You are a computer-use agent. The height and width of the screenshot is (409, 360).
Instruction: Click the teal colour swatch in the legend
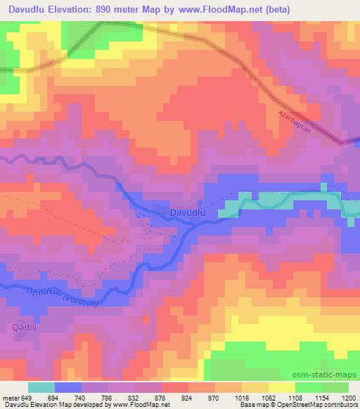[x=41, y=387]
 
